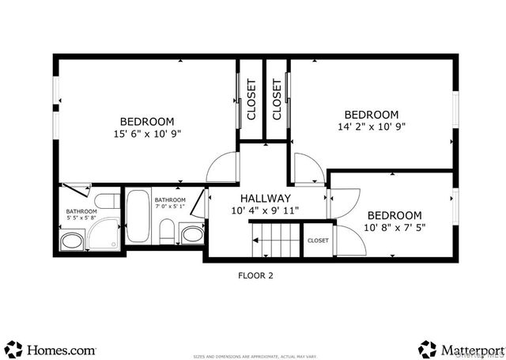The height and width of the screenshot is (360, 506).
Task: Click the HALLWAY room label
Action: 261,199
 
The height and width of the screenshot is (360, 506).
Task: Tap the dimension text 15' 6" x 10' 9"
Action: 146,134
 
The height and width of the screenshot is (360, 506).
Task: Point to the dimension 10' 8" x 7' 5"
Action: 394,228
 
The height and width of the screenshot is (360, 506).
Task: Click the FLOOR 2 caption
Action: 255,276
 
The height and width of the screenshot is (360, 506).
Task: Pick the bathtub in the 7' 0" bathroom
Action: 138,217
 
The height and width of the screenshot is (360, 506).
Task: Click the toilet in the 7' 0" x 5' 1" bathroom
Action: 167,232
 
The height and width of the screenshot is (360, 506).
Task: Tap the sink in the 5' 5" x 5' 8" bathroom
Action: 73,241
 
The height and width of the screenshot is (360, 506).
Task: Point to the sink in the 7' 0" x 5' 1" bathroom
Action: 191,233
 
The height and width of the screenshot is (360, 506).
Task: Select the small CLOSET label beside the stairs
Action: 318,241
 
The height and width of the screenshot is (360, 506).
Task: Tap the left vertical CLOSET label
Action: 251,99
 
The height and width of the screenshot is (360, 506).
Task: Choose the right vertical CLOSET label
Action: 277,99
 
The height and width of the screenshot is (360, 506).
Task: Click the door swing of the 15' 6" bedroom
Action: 224,167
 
